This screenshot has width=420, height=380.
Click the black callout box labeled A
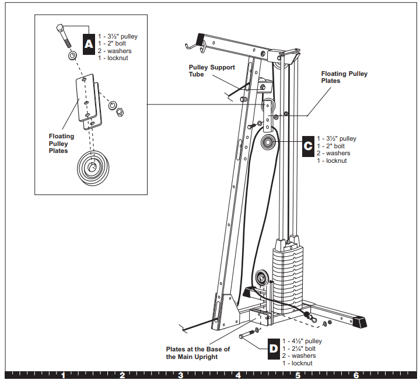click(88, 44)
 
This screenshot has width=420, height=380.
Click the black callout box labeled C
click(308, 146)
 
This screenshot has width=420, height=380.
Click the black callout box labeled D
click(274, 348)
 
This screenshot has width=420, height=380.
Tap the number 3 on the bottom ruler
click(180, 375)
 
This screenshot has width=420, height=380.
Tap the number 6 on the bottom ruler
click(355, 375)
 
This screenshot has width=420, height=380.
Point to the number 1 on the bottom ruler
click(63, 375)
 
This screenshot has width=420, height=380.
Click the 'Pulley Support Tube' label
click(212, 71)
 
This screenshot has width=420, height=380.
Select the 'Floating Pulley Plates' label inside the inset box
click(62, 144)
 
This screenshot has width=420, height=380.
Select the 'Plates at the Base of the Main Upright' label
click(198, 353)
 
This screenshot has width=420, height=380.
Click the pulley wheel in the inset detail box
click(92, 168)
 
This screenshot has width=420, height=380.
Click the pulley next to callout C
click(269, 141)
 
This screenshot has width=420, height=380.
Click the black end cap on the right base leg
click(360, 321)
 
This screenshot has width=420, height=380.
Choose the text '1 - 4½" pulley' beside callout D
click(302, 341)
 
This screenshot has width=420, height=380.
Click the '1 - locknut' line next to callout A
click(113, 58)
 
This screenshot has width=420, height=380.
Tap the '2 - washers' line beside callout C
click(332, 154)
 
